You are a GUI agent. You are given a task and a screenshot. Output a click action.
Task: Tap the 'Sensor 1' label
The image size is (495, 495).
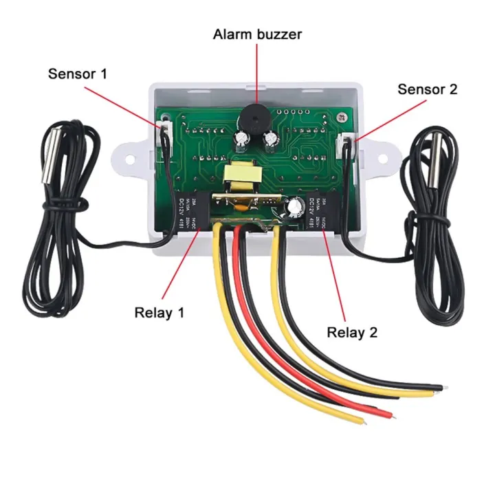[x=78, y=73]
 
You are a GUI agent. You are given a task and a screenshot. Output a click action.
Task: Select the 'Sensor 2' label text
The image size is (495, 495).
[x=428, y=89]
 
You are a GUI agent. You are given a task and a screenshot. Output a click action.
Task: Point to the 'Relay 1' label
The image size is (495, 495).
[x=159, y=313]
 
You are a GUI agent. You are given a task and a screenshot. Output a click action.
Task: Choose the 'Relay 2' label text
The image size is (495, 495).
[x=352, y=333]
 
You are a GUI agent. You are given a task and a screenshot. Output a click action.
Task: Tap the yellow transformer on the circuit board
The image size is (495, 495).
[x=239, y=177]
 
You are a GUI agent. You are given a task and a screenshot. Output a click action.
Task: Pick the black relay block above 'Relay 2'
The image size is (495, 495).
[x=318, y=212]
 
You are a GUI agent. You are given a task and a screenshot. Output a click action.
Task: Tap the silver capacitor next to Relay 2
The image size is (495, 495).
[x=296, y=207]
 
